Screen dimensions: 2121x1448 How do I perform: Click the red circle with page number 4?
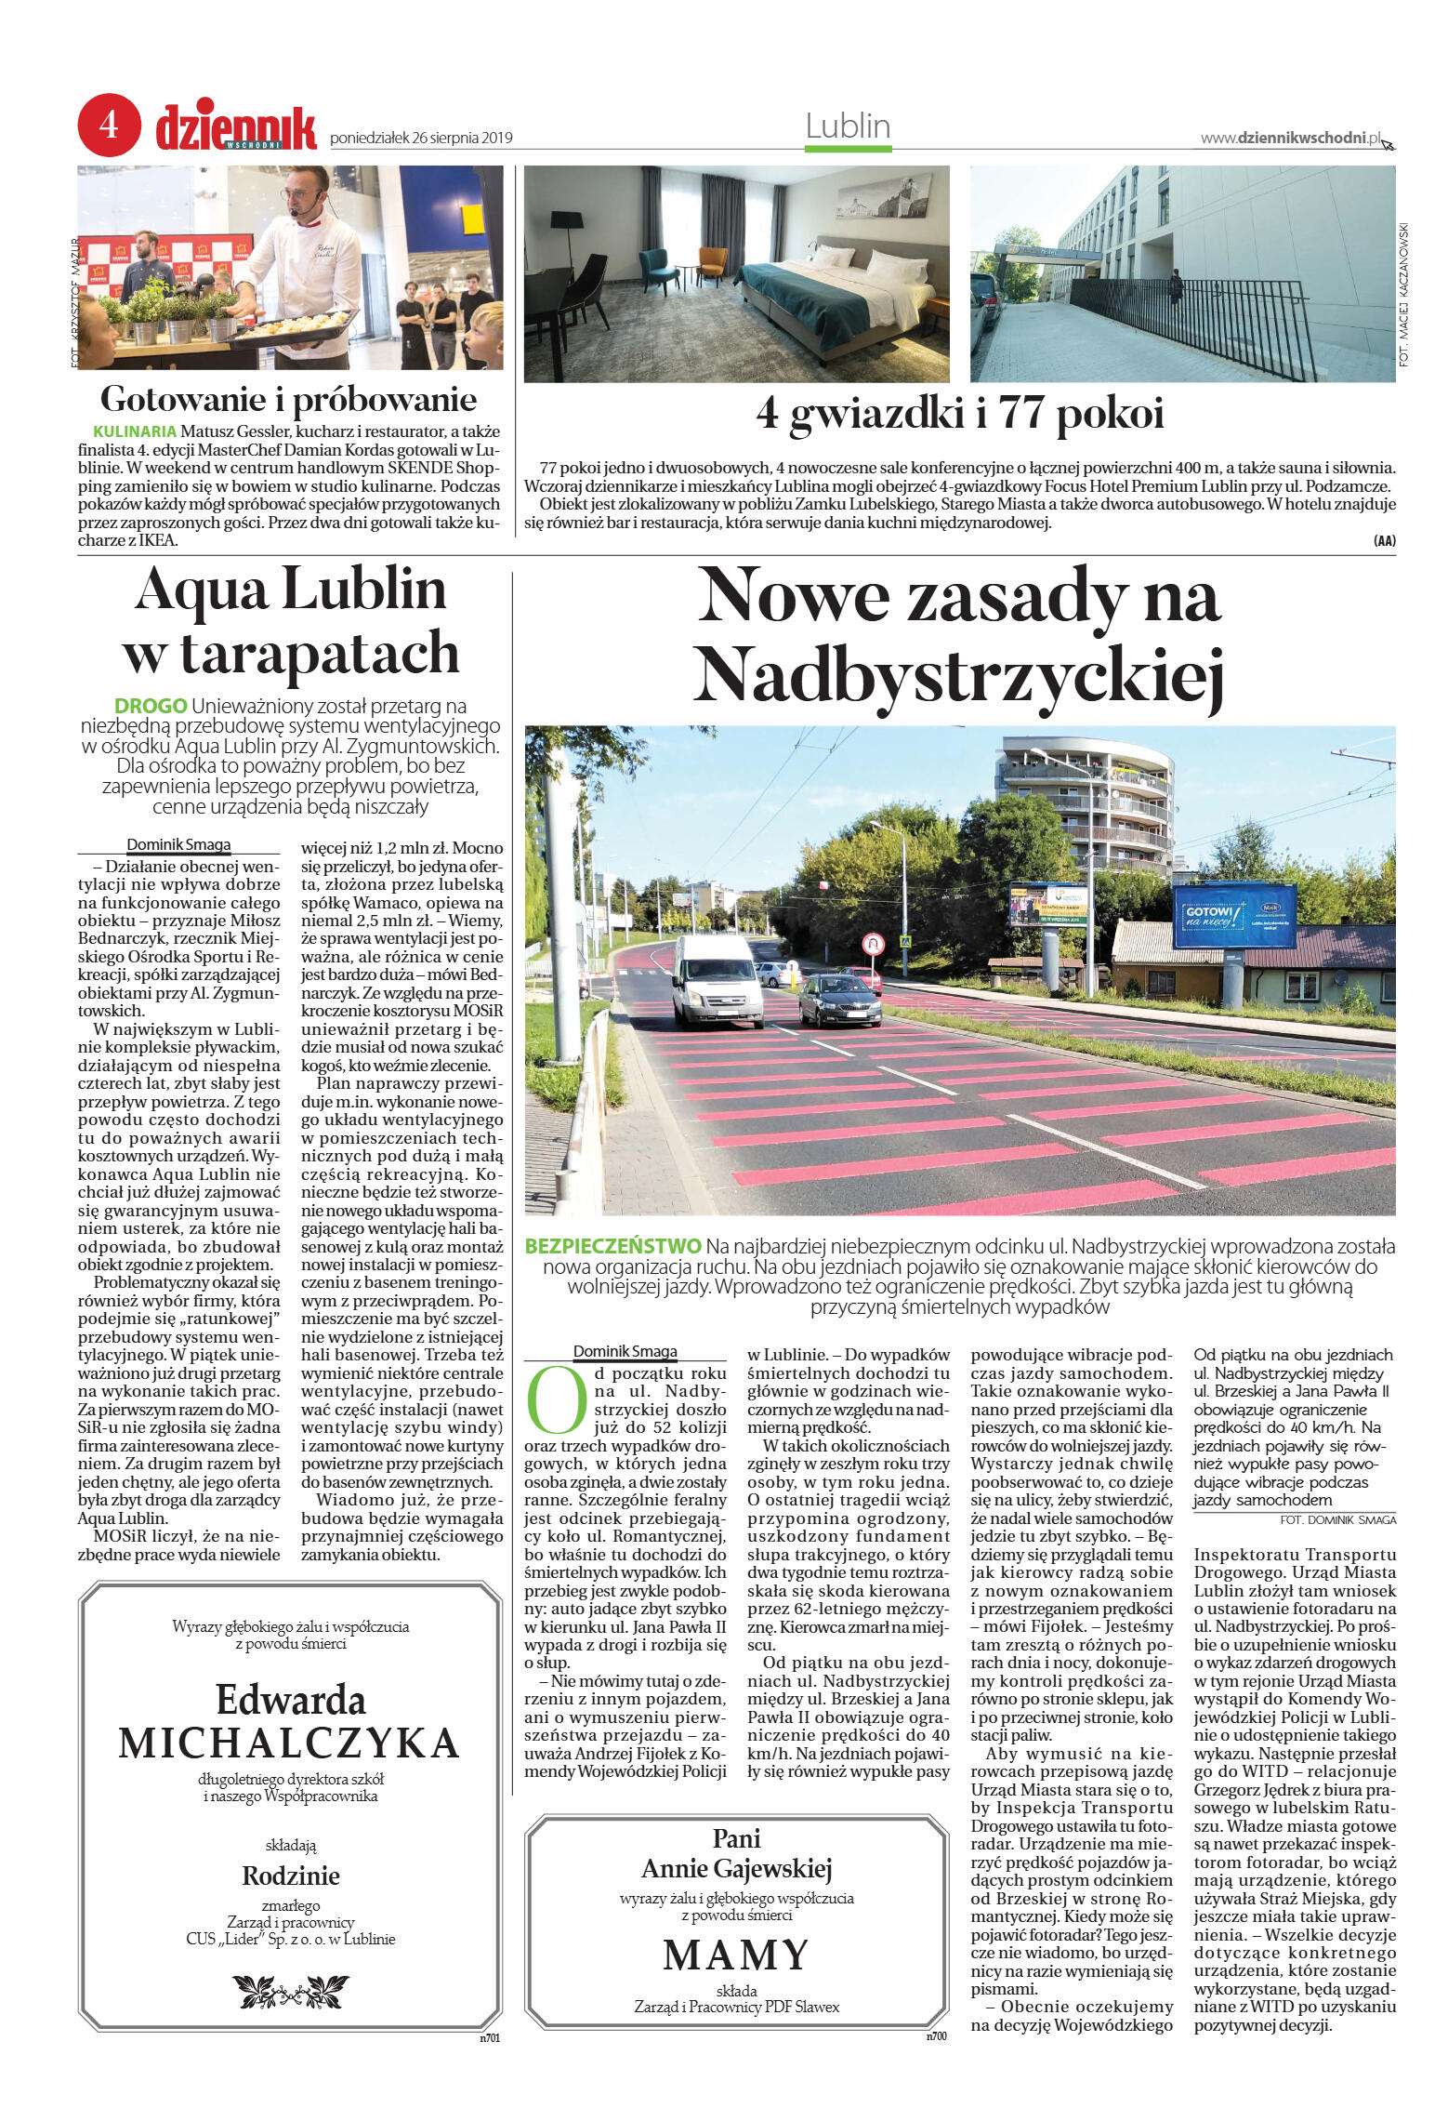[109, 125]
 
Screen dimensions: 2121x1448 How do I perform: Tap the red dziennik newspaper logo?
[236, 128]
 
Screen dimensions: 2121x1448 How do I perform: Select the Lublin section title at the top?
[848, 126]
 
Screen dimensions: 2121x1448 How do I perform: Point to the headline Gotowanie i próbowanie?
[288, 399]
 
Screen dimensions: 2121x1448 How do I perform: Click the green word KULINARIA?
[135, 431]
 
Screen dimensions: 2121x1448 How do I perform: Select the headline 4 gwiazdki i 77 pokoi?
[959, 413]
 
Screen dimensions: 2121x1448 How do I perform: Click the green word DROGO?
[151, 706]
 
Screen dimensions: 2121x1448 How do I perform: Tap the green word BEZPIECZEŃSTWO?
[613, 1246]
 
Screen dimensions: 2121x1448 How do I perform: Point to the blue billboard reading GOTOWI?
[1233, 917]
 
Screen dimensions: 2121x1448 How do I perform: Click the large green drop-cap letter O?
[556, 1400]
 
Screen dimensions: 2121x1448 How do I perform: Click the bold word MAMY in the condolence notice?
[735, 1955]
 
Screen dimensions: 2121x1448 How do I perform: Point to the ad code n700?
[935, 2036]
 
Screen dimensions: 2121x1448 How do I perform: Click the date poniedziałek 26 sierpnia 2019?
[421, 139]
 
